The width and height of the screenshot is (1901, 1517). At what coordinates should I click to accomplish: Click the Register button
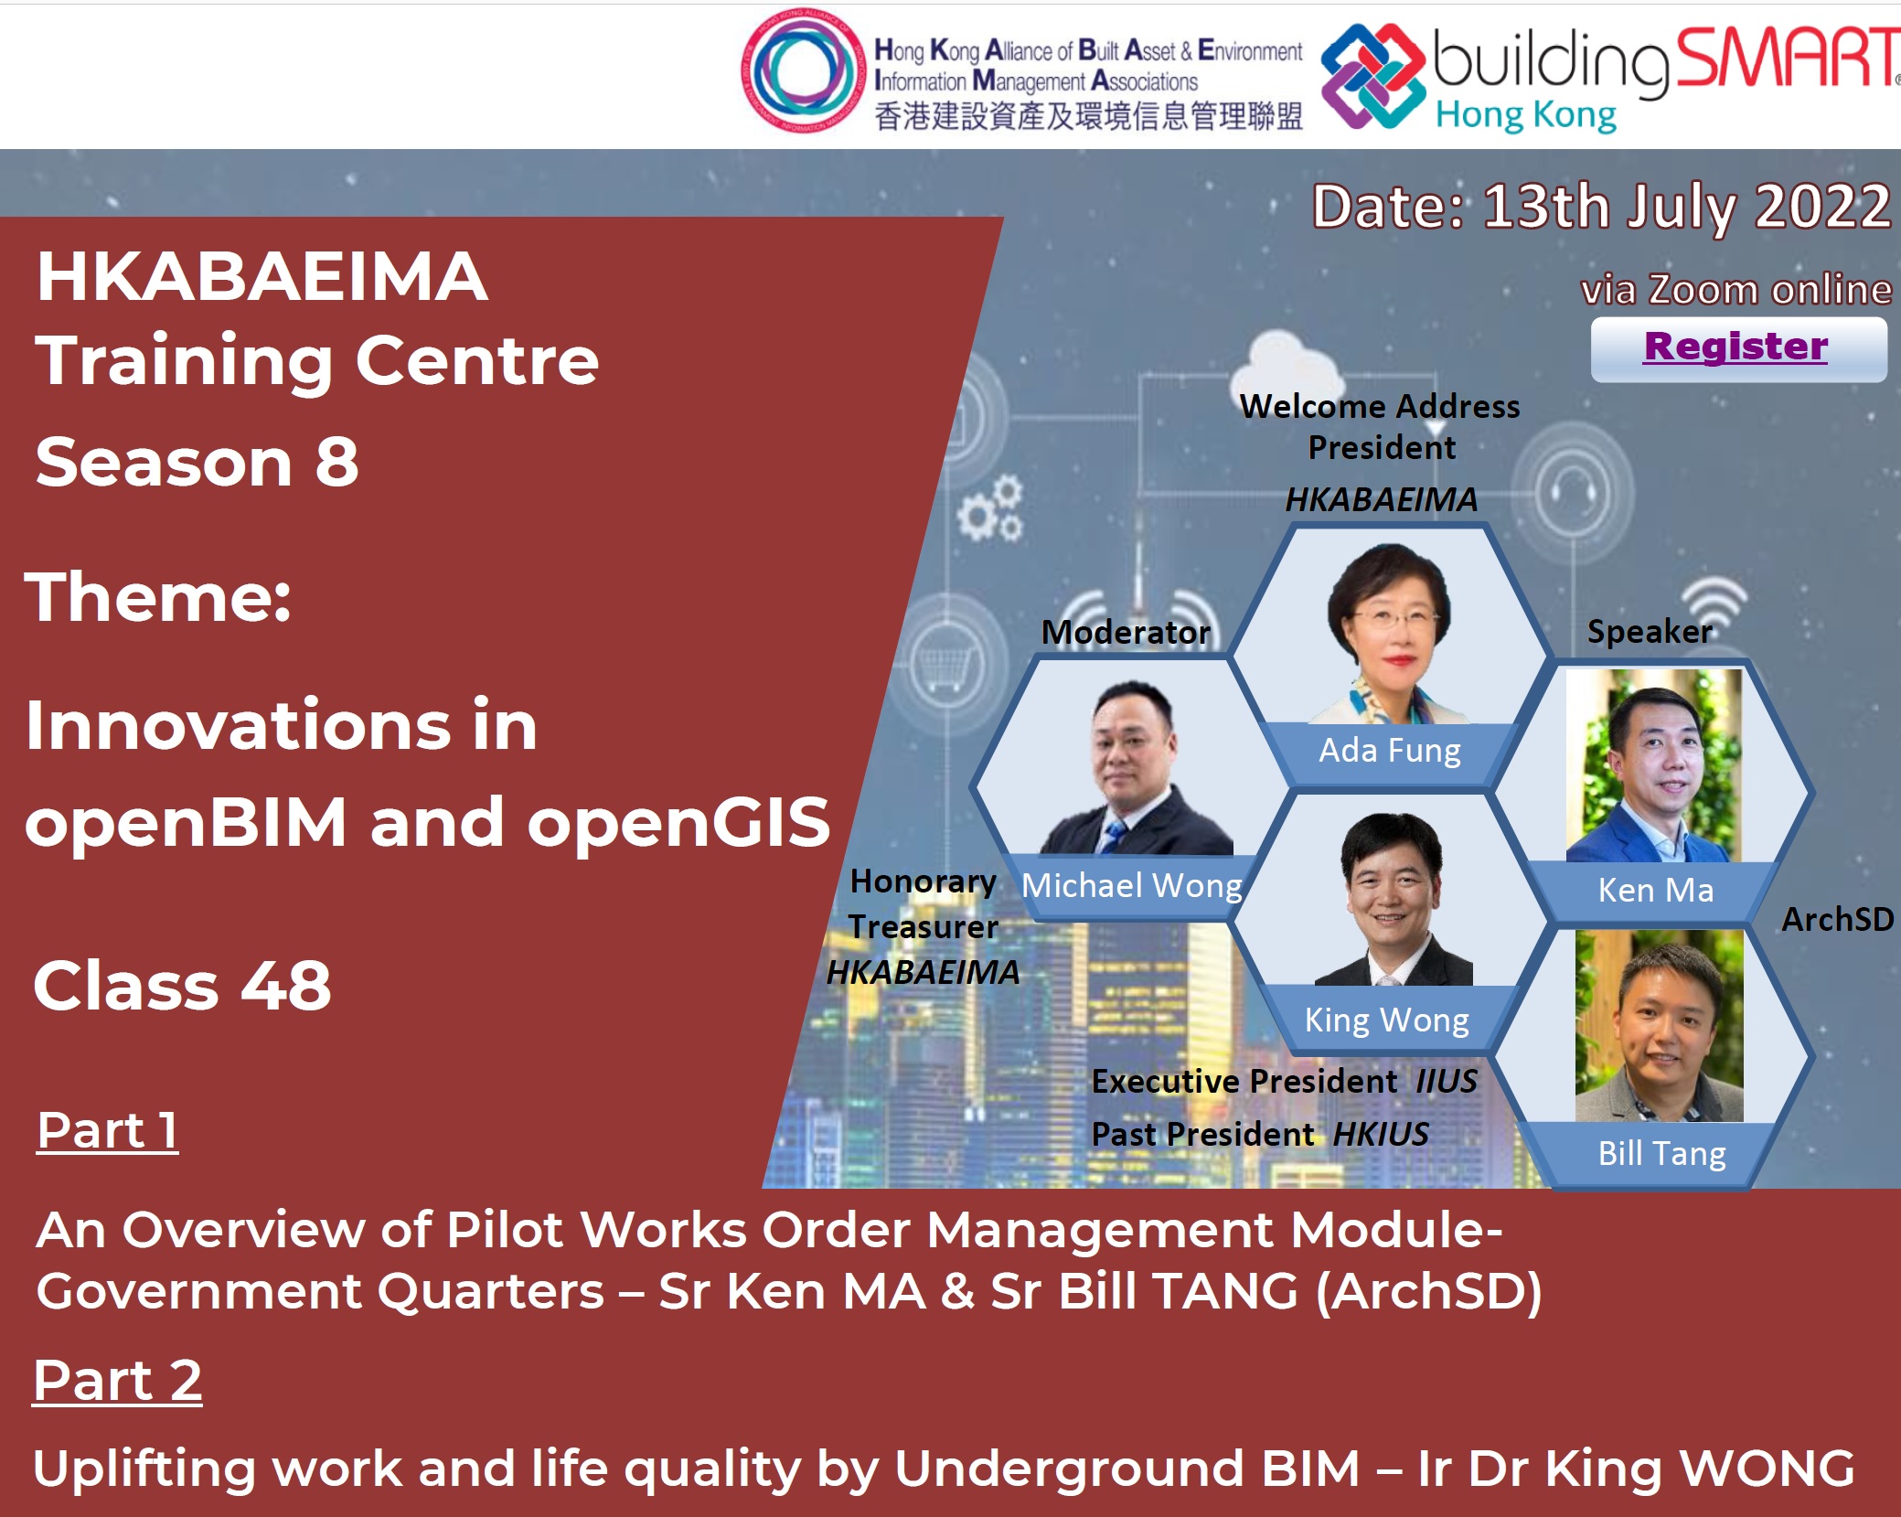tap(1738, 348)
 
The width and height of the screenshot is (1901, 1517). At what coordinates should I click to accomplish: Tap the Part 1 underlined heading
tap(107, 1130)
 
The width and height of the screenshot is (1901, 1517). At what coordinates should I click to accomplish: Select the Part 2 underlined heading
tap(117, 1380)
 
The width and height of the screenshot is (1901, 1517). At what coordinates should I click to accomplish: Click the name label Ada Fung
tap(1389, 751)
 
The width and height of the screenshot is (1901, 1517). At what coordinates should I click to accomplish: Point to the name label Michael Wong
tap(1131, 885)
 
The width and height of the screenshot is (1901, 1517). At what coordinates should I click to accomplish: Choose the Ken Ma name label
tap(1656, 890)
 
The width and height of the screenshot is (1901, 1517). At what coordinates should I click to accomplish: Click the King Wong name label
tap(1386, 1020)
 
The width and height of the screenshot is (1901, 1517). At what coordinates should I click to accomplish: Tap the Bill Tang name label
tap(1661, 1154)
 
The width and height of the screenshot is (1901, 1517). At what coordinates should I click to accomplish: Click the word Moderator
tap(1126, 632)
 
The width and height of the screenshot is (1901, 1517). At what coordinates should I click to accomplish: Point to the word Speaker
tap(1650, 632)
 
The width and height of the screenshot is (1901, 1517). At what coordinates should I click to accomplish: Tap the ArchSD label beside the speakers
tap(1838, 919)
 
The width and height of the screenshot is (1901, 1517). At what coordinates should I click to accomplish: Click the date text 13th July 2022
tap(1686, 207)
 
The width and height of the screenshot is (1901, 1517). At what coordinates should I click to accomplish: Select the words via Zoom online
tap(1736, 290)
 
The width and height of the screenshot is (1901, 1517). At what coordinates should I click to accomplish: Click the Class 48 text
tap(182, 986)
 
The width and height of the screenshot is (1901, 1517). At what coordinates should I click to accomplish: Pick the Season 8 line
tap(197, 461)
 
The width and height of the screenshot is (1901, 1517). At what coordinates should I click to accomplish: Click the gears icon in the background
tap(990, 508)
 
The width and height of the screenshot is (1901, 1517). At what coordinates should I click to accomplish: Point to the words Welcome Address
tap(1380, 406)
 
